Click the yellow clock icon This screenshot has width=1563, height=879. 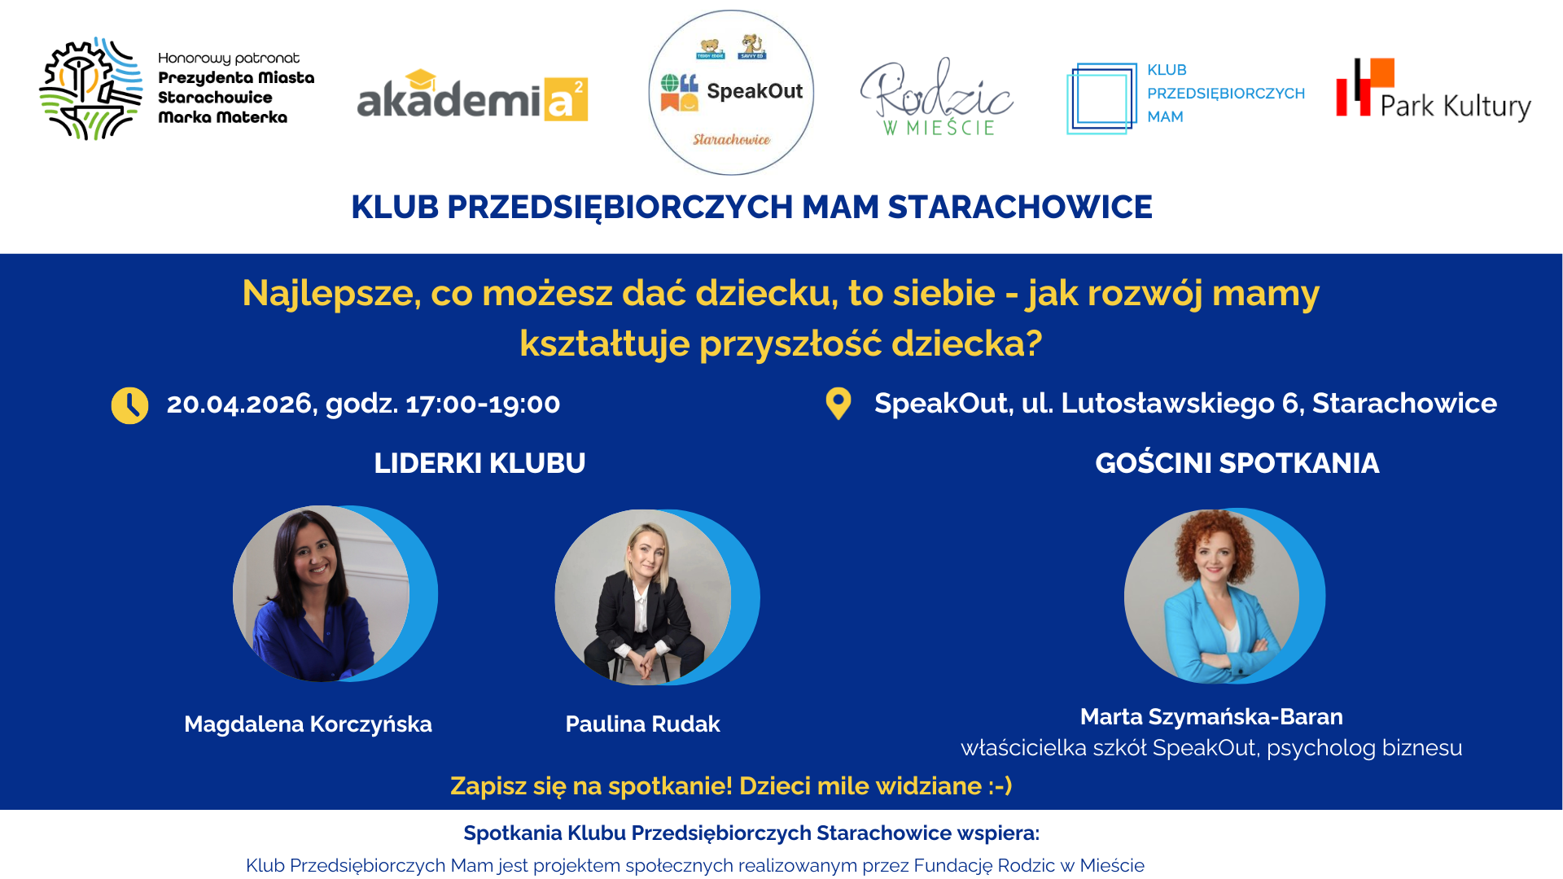[129, 405]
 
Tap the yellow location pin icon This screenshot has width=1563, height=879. [838, 404]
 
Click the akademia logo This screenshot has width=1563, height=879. [472, 96]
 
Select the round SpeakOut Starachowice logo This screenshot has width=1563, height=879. [731, 93]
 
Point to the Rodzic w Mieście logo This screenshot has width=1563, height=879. [936, 97]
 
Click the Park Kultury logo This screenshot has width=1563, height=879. [1434, 90]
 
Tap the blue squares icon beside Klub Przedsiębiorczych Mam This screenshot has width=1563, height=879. [1101, 98]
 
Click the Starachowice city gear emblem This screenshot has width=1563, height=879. [91, 89]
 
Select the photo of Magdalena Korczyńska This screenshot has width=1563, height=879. [322, 593]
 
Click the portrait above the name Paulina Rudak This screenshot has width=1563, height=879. [643, 597]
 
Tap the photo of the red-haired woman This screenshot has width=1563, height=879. [1212, 596]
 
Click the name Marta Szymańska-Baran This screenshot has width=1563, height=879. [1211, 717]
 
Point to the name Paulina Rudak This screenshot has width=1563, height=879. [642, 724]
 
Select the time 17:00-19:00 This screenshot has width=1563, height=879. [483, 404]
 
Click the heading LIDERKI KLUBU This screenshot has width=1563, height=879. [479, 463]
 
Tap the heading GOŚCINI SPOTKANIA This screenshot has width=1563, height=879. [1237, 463]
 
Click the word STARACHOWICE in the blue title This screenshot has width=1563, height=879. [1020, 208]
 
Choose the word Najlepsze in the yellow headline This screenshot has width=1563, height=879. [331, 294]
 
